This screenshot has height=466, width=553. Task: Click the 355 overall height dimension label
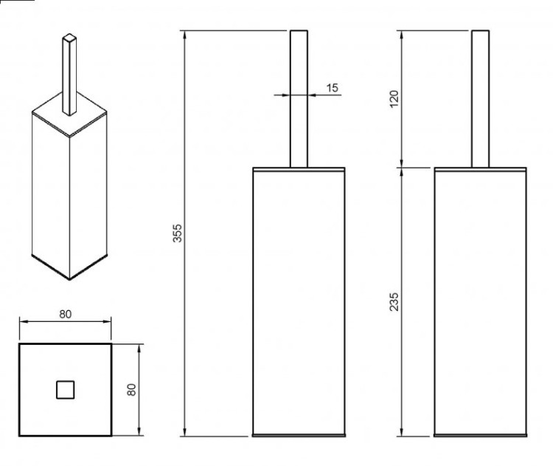(178, 233)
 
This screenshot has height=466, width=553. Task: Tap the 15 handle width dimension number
(332, 87)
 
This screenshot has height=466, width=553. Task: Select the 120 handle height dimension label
(394, 99)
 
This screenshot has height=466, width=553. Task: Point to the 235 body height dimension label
(394, 301)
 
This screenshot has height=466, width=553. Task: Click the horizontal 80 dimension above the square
(65, 314)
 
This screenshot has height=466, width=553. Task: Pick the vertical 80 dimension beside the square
(131, 390)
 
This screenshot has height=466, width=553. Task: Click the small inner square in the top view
(65, 390)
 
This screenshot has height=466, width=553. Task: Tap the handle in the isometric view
(69, 74)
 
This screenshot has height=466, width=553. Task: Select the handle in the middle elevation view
(299, 98)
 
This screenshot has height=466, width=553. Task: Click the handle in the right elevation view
(480, 98)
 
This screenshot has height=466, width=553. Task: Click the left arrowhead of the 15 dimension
(286, 95)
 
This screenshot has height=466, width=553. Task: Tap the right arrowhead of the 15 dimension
(312, 95)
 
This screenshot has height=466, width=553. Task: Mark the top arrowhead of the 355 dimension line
(184, 35)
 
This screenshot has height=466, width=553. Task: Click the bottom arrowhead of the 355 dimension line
(184, 432)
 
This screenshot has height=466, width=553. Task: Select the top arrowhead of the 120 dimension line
(401, 35)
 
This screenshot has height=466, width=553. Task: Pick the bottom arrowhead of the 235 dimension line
(401, 432)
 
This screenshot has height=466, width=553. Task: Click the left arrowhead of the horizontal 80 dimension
(24, 321)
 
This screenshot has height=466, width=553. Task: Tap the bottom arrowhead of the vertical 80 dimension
(139, 431)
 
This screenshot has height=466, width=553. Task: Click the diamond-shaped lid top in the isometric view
(69, 114)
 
